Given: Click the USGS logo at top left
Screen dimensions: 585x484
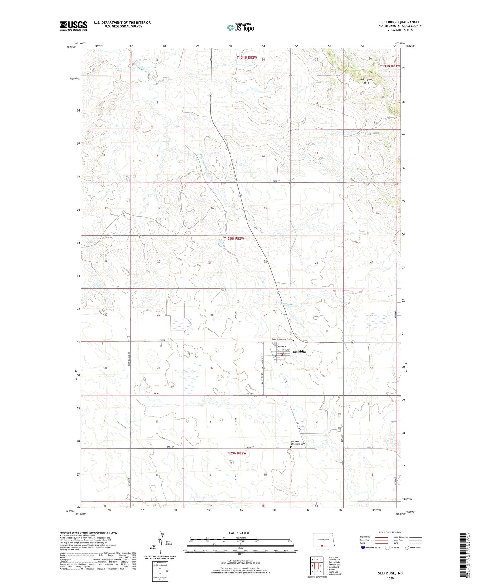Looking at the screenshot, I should point(74,26).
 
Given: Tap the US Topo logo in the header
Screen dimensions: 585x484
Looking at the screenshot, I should point(240,28).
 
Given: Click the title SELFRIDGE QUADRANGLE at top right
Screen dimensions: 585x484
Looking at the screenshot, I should point(400,22).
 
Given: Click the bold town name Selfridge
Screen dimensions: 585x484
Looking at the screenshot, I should point(300,351).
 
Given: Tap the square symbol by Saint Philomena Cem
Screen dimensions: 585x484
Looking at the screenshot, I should point(293,339).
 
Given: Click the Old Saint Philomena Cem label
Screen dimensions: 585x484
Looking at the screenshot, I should point(297,443).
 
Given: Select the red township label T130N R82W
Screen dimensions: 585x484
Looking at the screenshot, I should point(234,238).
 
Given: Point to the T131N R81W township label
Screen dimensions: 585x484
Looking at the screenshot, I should point(390,66).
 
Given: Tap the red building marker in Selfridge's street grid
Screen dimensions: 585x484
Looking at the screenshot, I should point(282,355).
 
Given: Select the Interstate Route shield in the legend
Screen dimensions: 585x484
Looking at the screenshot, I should point(363,548).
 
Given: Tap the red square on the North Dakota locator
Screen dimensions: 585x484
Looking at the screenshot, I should point(322,546).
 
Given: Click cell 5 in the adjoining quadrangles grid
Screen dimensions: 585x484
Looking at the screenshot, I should point(321,566).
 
